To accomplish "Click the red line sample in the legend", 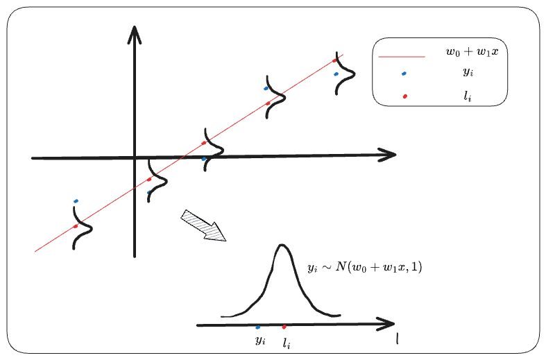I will pyautogui.click(x=400, y=56).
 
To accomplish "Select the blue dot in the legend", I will pyautogui.click(x=404, y=74).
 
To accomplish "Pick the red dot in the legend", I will pyautogui.click(x=404, y=96).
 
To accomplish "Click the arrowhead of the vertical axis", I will pyautogui.click(x=134, y=32).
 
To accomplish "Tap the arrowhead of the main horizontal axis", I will pyautogui.click(x=389, y=155).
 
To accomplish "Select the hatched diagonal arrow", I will pyautogui.click(x=204, y=226).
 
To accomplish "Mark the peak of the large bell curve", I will pyautogui.click(x=281, y=246).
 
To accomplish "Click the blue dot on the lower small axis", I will pyautogui.click(x=258, y=327).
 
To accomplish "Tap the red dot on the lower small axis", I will pyautogui.click(x=284, y=326).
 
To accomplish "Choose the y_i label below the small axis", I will pyautogui.click(x=259, y=341).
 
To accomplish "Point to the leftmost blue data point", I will pyautogui.click(x=76, y=201).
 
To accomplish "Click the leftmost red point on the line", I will pyautogui.click(x=76, y=226).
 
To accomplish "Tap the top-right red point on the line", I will pyautogui.click(x=335, y=60).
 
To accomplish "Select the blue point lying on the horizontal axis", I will pyautogui.click(x=203, y=159).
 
